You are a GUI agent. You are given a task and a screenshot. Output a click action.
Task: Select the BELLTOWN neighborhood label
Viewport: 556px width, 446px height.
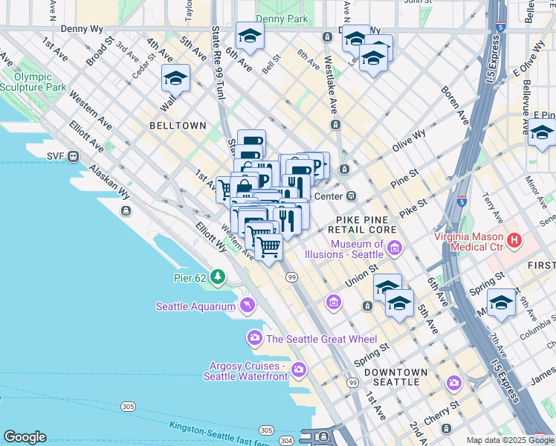[x=178, y=126]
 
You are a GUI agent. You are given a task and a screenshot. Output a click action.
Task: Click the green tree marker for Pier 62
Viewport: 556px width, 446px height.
[x=218, y=277]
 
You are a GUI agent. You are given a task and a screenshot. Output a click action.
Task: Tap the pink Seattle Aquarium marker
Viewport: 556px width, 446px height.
[x=247, y=306]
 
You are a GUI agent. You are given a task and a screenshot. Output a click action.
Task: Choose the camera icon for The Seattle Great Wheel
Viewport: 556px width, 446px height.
[x=255, y=339]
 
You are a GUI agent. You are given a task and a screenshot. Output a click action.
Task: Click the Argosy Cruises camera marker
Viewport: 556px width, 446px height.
[x=299, y=369]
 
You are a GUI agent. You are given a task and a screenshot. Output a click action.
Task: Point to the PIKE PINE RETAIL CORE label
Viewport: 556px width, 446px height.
[x=366, y=224]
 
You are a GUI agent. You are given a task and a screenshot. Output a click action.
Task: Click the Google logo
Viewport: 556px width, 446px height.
[x=25, y=437]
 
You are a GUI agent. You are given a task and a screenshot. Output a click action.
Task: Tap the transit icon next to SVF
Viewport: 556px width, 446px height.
[x=74, y=157]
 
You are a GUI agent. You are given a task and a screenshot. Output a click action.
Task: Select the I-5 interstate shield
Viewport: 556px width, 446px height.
[x=462, y=201]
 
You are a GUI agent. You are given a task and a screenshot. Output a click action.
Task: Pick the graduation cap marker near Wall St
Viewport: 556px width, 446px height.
[x=175, y=77]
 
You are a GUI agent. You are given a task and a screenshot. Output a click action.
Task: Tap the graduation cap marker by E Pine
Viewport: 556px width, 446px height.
[x=542, y=133]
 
